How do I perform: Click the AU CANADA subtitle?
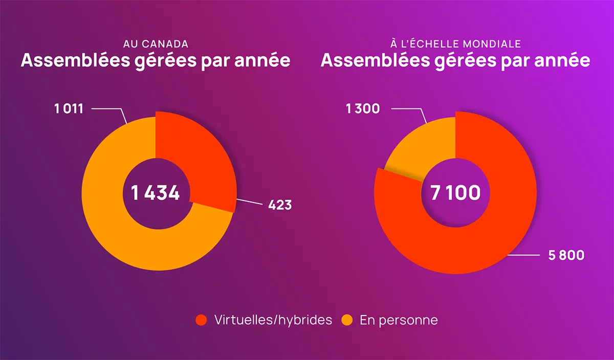[156, 44]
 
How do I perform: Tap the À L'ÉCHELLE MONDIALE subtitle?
[455, 44]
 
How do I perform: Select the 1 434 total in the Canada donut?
[155, 193]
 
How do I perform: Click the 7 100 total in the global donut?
[455, 193]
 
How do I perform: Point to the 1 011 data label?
[69, 108]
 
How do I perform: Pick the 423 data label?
[280, 205]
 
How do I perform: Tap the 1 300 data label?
[363, 108]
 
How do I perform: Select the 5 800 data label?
[566, 255]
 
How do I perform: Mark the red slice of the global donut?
[491, 230]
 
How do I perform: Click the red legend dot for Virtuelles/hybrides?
[202, 320]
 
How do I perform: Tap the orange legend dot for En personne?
[347, 320]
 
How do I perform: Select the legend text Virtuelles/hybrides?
[273, 320]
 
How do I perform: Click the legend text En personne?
[399, 320]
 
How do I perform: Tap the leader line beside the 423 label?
[251, 203]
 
